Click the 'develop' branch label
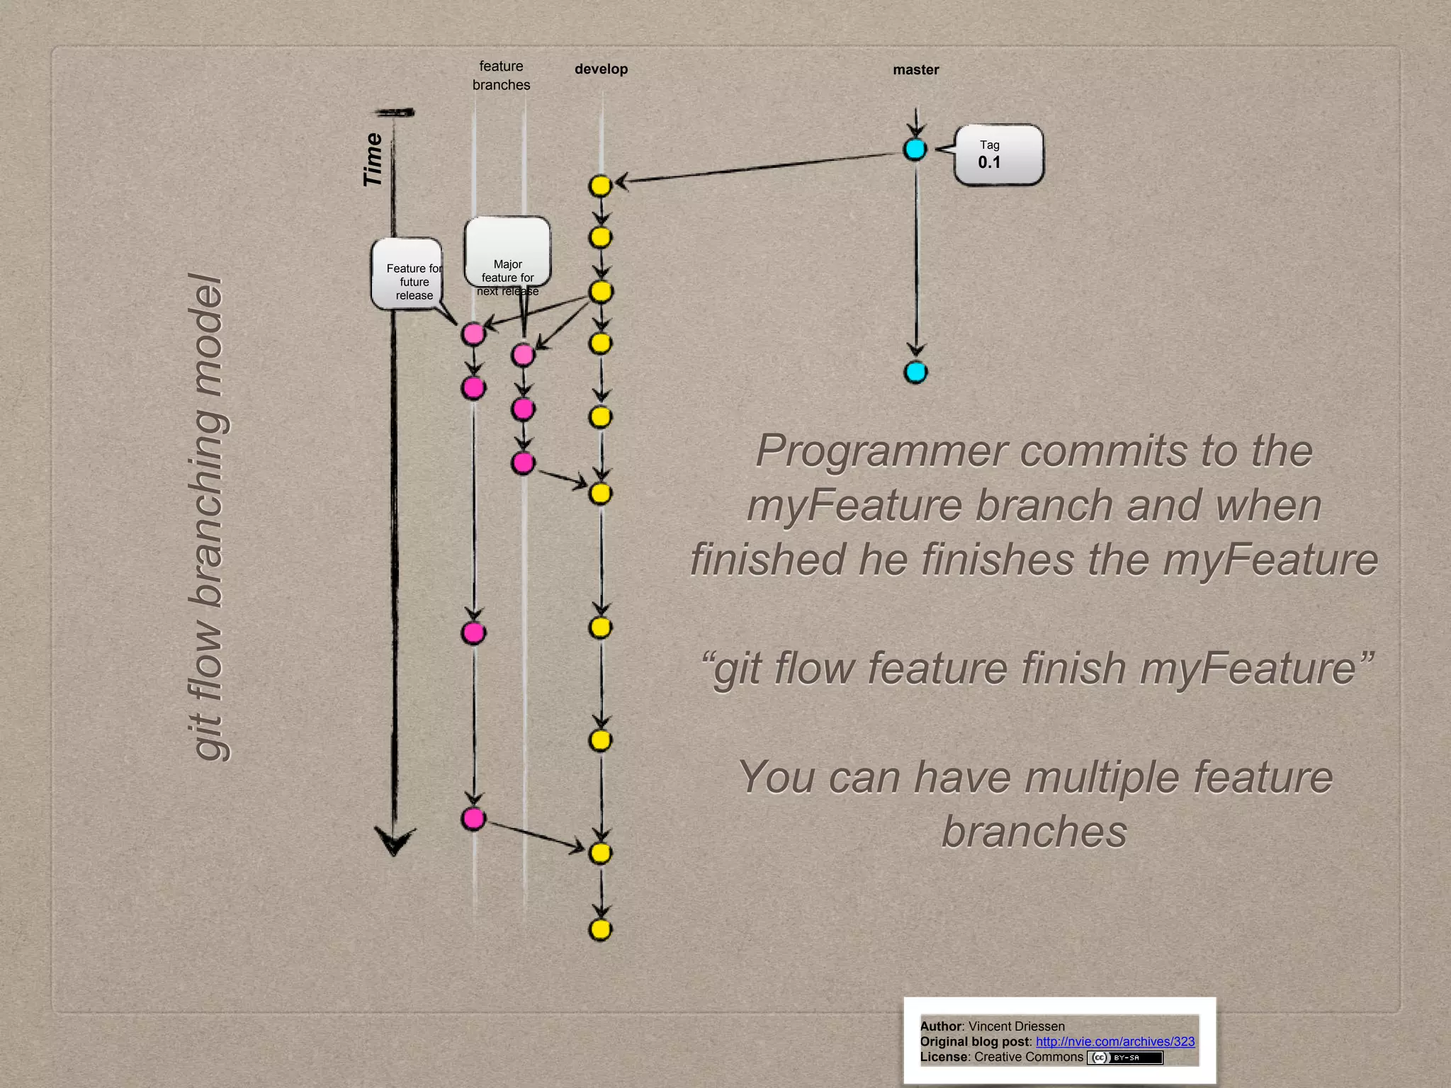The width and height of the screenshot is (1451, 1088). (x=601, y=69)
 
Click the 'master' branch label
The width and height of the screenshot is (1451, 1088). (x=915, y=70)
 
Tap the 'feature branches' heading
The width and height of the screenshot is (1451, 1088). (x=501, y=76)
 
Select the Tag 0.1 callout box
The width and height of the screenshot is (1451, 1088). (x=998, y=155)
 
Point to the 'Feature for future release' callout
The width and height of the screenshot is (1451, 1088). (x=407, y=275)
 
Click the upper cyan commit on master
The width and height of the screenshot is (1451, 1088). (x=915, y=149)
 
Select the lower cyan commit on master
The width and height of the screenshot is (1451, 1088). (x=915, y=372)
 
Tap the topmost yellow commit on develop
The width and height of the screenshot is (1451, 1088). (x=600, y=186)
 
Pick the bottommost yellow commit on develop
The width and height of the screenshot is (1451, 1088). (x=600, y=929)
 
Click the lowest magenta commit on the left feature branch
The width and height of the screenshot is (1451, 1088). (x=473, y=819)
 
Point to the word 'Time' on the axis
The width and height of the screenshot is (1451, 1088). (x=373, y=160)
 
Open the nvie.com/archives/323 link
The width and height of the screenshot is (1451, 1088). (x=1114, y=1041)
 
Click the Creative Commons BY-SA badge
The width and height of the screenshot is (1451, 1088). (x=1125, y=1058)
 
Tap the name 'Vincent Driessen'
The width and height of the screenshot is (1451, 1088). (x=1016, y=1026)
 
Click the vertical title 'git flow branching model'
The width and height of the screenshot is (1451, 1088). (x=207, y=517)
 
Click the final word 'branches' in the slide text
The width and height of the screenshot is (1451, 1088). (x=1034, y=832)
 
